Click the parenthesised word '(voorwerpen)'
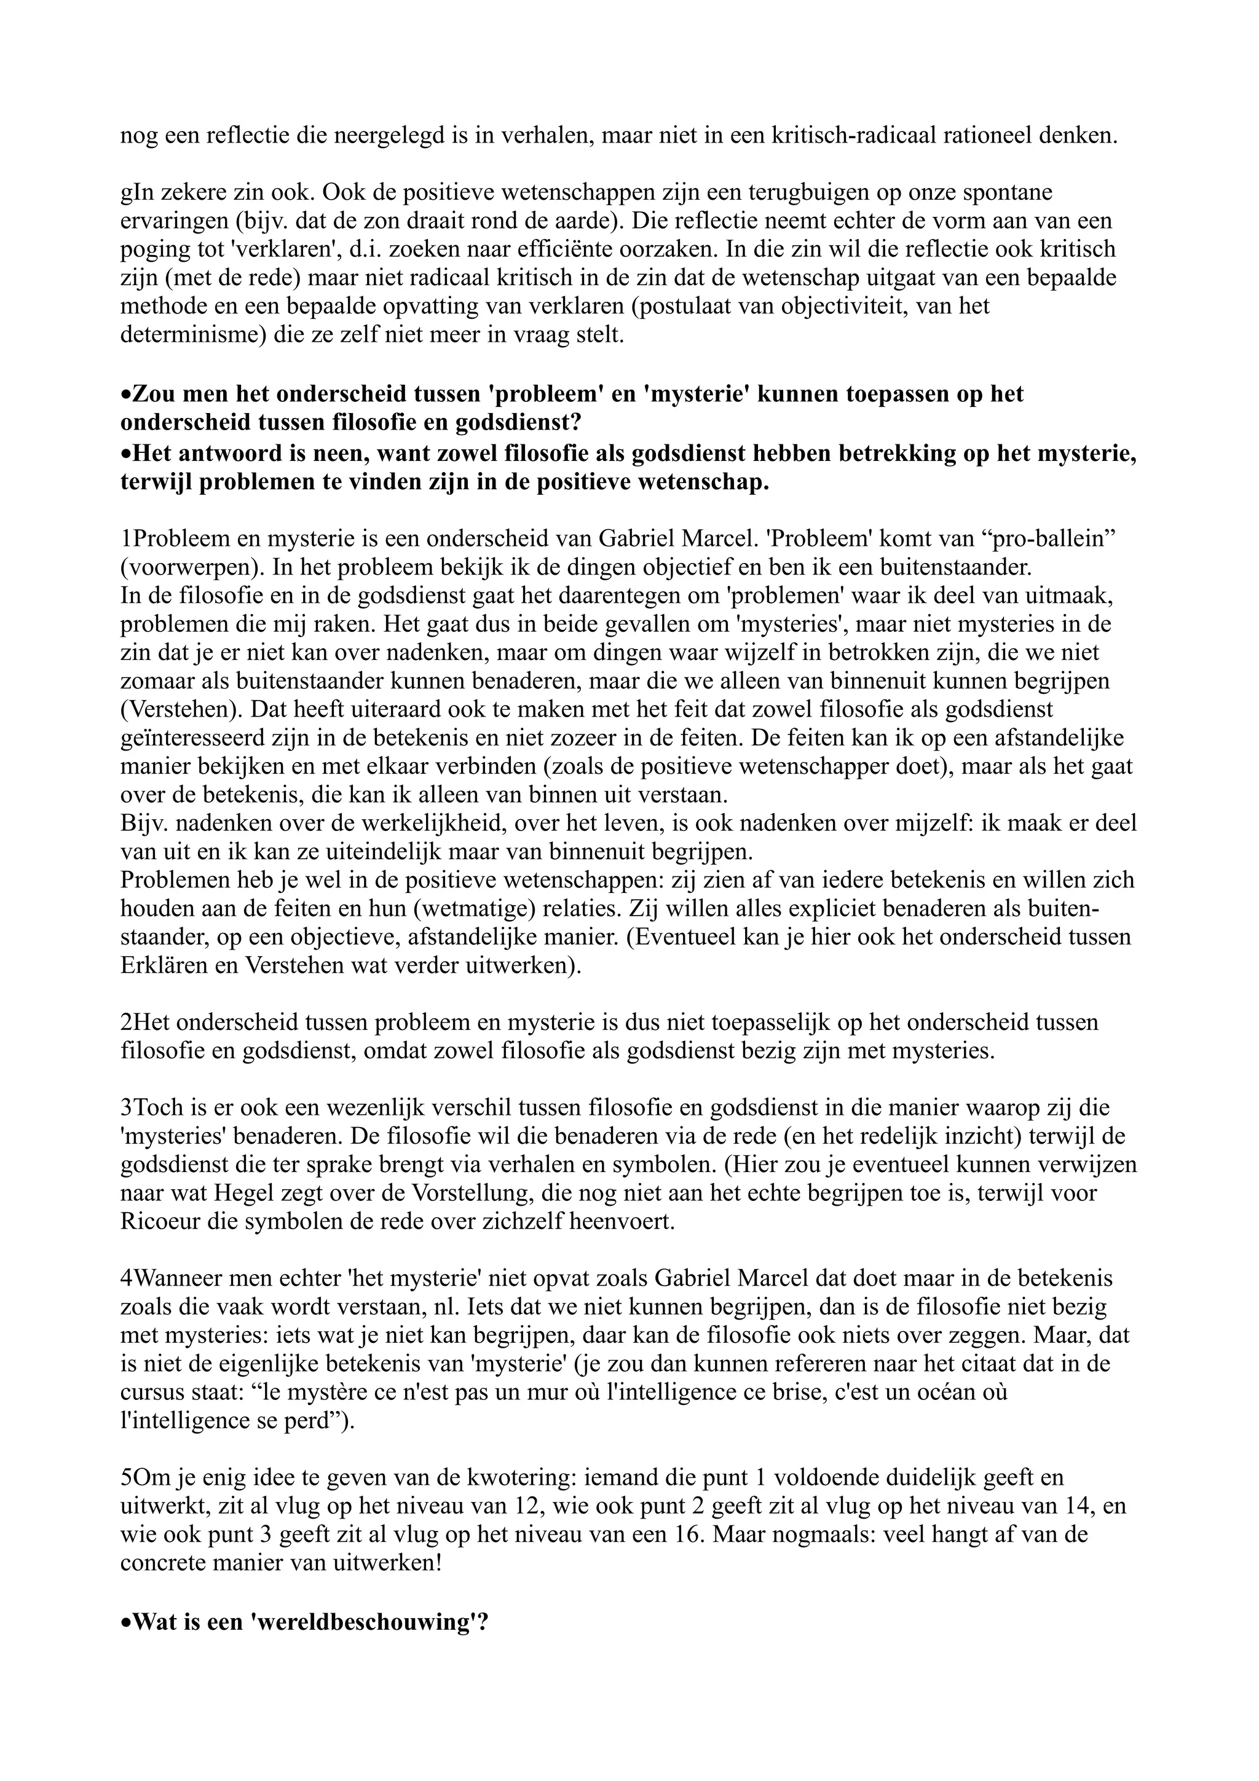point(192,567)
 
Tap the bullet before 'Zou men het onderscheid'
point(127,395)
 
